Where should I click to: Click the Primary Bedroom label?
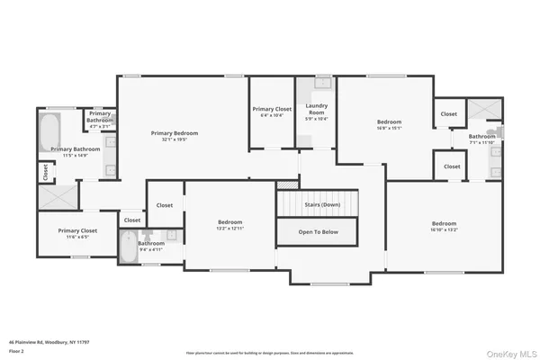click(x=175, y=133)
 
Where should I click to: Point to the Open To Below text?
click(x=319, y=231)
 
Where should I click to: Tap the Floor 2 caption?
click(x=17, y=350)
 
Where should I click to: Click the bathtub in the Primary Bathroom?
click(x=49, y=131)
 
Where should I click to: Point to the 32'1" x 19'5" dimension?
click(x=175, y=139)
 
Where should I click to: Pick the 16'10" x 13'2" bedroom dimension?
click(x=444, y=229)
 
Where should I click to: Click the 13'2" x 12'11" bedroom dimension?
click(x=230, y=229)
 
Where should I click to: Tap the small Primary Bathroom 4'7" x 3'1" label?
click(x=100, y=117)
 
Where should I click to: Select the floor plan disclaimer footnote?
click(x=270, y=353)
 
